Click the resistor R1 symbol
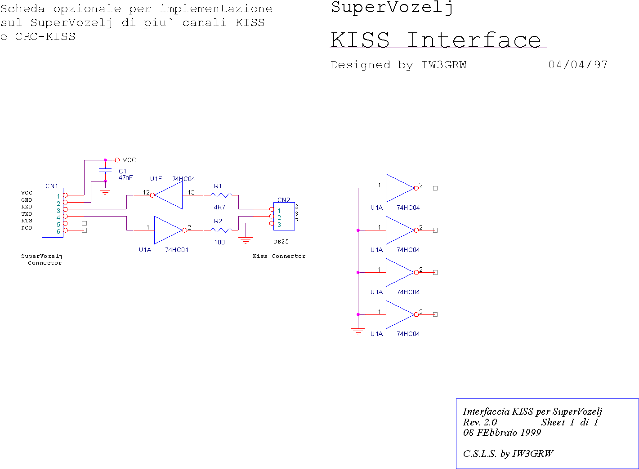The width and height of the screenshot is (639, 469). pos(221,195)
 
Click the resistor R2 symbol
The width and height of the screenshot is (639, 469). pos(221,230)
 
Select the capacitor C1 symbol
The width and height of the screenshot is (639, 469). pos(105,171)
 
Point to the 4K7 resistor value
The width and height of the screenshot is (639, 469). pos(219,207)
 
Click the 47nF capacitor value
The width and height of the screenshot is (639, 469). pos(125,177)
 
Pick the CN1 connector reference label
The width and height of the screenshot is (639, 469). pos(52,186)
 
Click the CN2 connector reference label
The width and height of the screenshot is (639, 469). pos(284,200)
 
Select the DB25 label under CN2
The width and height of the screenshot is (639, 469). pos(281,242)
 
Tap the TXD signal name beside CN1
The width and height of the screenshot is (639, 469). pos(27,214)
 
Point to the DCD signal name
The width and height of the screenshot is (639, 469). pos(27,228)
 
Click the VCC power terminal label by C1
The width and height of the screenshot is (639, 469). pos(129,160)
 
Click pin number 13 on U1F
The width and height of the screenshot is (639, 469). pos(191,192)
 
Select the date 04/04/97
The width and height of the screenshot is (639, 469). pos(578,65)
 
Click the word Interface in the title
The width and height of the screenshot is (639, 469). pos(474,40)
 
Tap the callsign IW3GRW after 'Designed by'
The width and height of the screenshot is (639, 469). pos(444,65)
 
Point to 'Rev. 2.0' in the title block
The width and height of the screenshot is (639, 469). pos(480,422)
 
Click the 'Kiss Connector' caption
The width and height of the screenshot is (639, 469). pos(279,256)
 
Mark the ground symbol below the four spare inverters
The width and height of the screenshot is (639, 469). pos(358,332)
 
